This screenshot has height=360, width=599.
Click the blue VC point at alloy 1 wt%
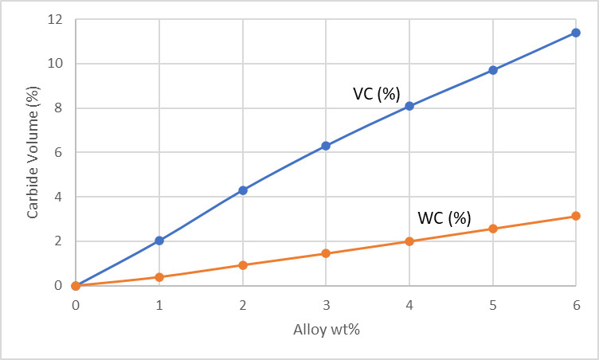click(x=159, y=240)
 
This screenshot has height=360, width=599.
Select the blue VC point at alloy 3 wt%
click(x=326, y=146)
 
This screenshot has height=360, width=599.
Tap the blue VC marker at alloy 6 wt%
click(x=576, y=33)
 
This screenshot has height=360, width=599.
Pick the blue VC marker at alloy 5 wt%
click(x=493, y=70)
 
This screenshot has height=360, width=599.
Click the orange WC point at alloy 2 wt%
click(x=243, y=265)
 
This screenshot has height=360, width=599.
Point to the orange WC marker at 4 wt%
click(x=409, y=241)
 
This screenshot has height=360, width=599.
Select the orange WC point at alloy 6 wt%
click(x=576, y=216)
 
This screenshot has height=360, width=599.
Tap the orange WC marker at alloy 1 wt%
click(x=159, y=277)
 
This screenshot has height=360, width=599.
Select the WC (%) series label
click(x=444, y=217)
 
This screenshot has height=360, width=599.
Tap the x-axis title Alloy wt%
click(x=326, y=333)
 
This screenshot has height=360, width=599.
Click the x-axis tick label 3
click(x=326, y=305)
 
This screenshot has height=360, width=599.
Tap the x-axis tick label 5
click(x=493, y=305)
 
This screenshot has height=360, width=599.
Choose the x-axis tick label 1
click(x=159, y=305)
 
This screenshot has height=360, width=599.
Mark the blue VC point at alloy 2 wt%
click(x=243, y=190)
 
